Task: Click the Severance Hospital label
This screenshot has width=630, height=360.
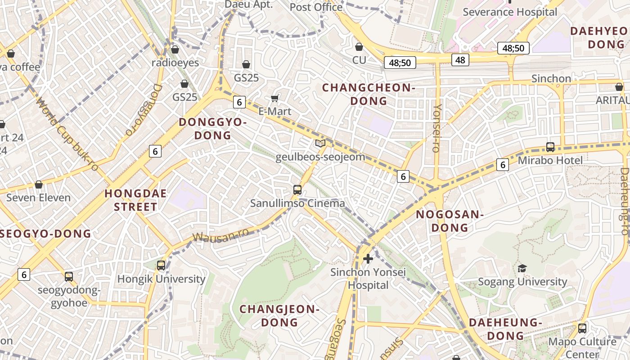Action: tap(510, 12)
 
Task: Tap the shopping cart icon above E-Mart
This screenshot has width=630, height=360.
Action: tap(275, 98)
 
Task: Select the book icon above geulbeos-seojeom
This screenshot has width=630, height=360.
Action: tap(320, 144)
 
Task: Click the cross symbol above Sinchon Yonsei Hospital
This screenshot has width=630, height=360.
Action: tap(368, 259)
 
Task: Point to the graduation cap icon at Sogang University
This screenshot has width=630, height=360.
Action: tap(522, 269)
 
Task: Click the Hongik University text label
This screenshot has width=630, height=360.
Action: tap(161, 279)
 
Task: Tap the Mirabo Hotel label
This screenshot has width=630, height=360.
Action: tap(550, 160)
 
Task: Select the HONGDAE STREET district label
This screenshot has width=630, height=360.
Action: tap(135, 200)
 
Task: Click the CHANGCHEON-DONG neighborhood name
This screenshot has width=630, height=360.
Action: tap(369, 94)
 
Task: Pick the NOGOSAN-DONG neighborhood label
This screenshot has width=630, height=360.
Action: tap(450, 221)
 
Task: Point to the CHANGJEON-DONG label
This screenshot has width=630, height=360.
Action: tap(279, 315)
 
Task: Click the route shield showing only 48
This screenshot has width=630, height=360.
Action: tap(460, 60)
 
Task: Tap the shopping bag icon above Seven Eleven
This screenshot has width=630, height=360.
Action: tap(39, 185)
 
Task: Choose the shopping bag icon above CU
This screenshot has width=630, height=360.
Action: tap(359, 47)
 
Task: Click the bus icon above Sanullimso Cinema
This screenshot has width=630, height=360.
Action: tap(297, 190)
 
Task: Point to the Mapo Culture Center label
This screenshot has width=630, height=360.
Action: tap(582, 347)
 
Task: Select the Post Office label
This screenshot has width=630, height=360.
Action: tap(316, 7)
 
